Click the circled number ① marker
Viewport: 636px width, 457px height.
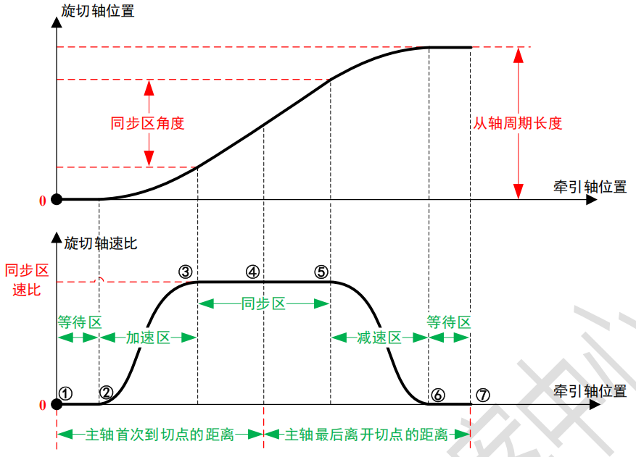[66, 393]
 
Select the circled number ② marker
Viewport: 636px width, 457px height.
[107, 393]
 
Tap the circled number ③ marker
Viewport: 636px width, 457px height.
[186, 272]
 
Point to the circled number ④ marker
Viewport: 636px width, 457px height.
[252, 272]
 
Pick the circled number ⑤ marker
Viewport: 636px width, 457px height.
[321, 272]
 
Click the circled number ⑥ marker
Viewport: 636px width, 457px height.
[437, 395]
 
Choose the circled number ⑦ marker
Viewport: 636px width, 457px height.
[484, 395]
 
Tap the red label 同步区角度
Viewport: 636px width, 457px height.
[147, 123]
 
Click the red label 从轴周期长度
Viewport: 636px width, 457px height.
[518, 123]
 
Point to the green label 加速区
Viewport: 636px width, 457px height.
[147, 337]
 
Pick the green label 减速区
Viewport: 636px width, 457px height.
[379, 337]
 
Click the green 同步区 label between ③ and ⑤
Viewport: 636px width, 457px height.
[263, 303]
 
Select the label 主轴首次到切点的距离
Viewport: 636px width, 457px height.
[160, 435]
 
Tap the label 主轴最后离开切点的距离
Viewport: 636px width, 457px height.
[366, 435]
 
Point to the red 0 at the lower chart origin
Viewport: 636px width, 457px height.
[42, 405]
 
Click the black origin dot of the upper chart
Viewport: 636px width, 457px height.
[56, 199]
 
